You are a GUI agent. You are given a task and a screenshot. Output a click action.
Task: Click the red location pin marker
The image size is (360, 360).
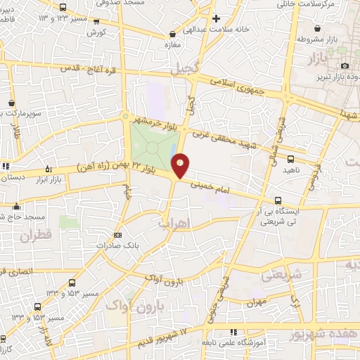[x=181, y=165]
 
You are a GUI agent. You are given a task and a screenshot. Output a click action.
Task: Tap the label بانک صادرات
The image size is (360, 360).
[x=117, y=246]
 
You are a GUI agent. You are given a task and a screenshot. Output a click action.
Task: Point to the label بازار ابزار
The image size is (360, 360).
[x=49, y=180]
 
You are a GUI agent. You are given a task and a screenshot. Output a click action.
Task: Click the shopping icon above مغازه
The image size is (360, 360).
[x=172, y=34]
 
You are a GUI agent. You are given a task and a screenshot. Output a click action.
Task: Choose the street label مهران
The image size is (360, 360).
[x=258, y=303]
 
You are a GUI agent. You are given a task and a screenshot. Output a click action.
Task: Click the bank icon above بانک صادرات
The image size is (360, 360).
[x=117, y=235]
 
